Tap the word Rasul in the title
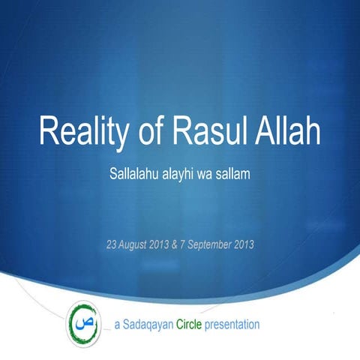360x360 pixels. [211, 133]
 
